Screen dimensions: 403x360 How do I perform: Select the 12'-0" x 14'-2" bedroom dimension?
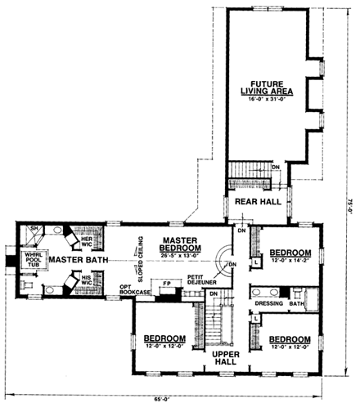[x=290, y=260]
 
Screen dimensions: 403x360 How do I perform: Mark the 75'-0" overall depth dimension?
[x=349, y=199]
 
